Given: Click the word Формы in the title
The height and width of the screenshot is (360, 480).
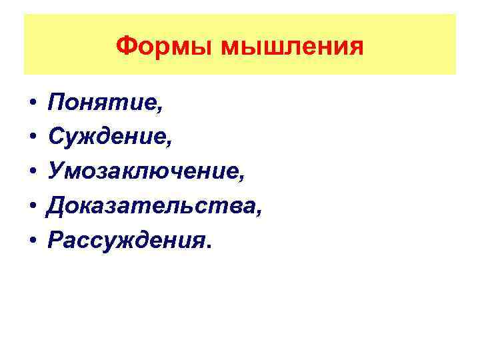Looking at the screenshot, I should point(157,47).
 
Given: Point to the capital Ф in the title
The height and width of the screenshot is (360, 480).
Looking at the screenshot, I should point(125,47).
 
